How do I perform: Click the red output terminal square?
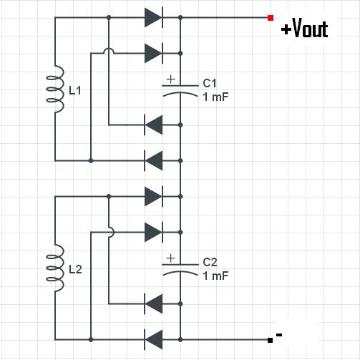coord(271,18)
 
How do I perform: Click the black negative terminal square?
coord(270,340)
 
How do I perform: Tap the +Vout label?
coord(305,28)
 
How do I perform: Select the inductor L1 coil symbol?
coord(55,89)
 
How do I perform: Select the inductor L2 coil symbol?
coord(55,268)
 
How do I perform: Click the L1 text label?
coord(75,90)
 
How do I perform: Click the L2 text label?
coord(75,269)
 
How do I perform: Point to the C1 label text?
coord(210,83)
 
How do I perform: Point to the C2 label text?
coord(210,262)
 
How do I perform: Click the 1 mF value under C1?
coord(215,97)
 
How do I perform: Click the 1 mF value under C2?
coord(215,276)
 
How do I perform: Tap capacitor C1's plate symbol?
coord(180,91)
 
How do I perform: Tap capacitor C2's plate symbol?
coord(180,270)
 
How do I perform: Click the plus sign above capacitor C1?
coord(171,79)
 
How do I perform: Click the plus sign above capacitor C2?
coord(171,258)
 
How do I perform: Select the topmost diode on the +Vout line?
coord(154,17)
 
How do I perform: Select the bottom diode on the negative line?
coord(154,340)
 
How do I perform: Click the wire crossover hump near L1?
coord(109,51)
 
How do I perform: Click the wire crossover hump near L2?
coord(112,232)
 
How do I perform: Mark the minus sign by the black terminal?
coord(279,335)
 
